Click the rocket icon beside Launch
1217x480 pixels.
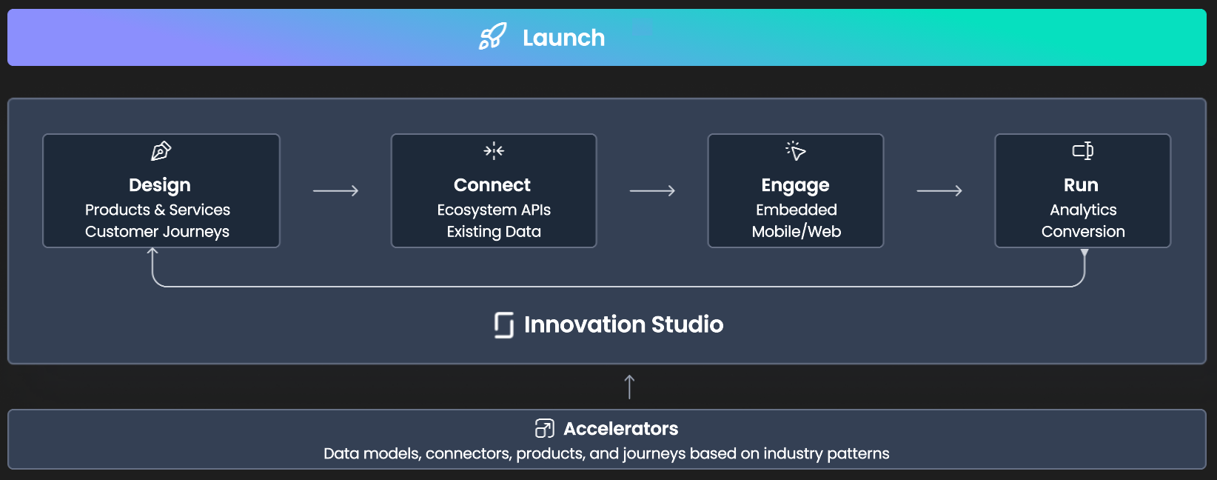pos(492,36)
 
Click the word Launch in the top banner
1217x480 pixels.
pos(563,38)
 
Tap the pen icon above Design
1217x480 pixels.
pos(161,150)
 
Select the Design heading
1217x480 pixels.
pos(160,186)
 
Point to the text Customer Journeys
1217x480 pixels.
pos(157,232)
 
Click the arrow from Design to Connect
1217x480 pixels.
pos(336,191)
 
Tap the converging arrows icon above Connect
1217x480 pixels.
pos(494,150)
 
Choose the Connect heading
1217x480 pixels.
pos(492,185)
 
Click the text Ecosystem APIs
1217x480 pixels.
pos(494,210)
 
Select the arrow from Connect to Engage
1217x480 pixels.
pos(652,191)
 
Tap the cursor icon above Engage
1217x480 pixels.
pos(795,150)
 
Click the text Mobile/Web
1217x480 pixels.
pos(797,232)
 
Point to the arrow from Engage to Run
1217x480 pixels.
pos(939,191)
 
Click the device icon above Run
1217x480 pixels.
pos(1083,150)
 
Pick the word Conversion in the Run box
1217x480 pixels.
pos(1083,232)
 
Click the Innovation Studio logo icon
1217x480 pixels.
pos(503,325)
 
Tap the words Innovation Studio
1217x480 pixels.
pos(624,324)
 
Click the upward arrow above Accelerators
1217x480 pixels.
pos(629,387)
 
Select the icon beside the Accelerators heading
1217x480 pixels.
pos(544,428)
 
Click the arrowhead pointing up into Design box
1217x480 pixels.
pos(152,251)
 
